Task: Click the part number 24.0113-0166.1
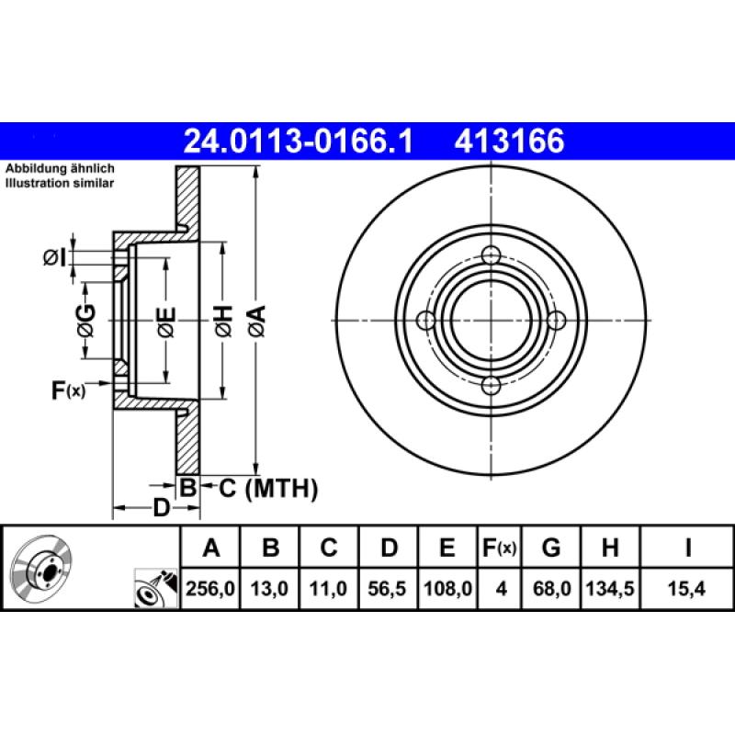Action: click(x=300, y=141)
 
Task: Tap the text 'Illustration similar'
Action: click(x=60, y=184)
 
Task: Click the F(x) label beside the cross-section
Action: click(x=67, y=390)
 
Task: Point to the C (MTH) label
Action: click(x=267, y=489)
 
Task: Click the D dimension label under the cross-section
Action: click(x=162, y=508)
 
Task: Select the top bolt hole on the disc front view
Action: click(x=491, y=254)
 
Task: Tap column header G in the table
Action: click(x=550, y=548)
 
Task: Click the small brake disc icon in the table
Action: click(x=40, y=567)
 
